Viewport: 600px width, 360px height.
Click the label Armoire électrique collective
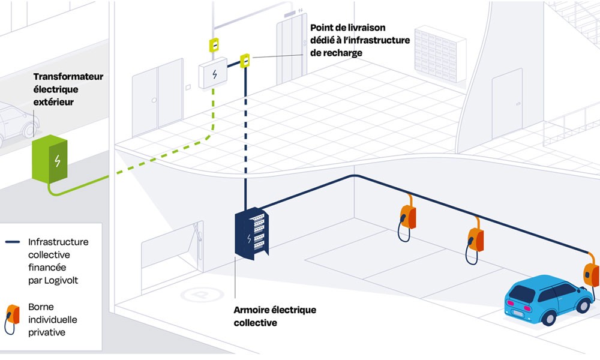pos(274,316)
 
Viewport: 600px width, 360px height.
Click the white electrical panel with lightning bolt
pos(214,73)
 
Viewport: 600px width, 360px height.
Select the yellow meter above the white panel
pos(212,45)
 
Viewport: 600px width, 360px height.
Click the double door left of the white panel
pos(158,96)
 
